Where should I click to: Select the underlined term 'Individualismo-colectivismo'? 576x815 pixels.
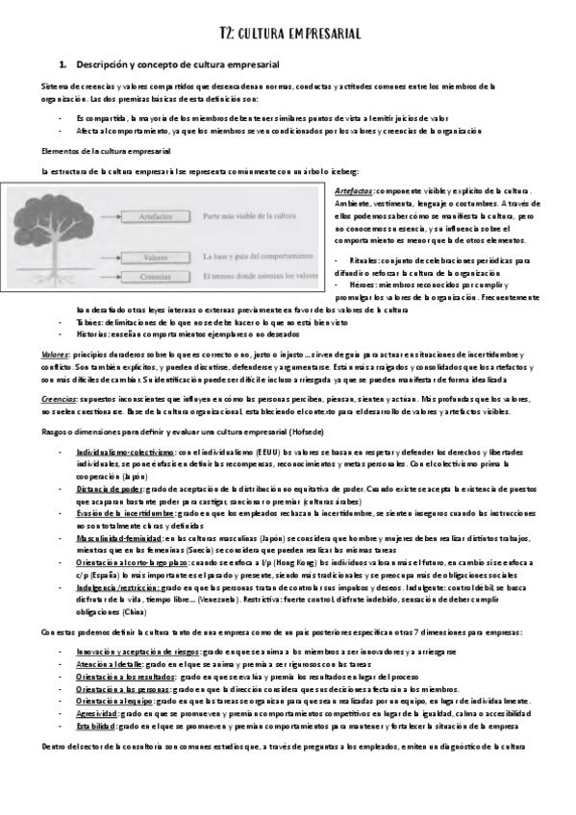coord(124,451)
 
